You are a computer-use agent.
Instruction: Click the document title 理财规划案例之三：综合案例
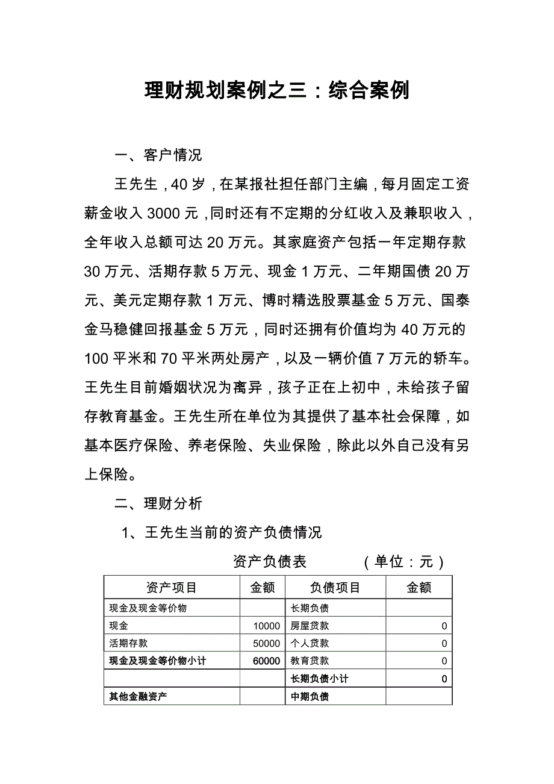[x=277, y=90]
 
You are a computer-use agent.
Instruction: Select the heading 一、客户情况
[x=158, y=155]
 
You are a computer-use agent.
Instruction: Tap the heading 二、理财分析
[x=158, y=503]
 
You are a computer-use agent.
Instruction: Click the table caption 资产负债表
[x=270, y=562]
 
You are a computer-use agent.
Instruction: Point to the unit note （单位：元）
[x=403, y=562]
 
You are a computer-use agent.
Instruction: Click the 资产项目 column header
[x=172, y=588]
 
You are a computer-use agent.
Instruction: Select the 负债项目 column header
[x=335, y=588]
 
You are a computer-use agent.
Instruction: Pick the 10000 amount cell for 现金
[x=267, y=626]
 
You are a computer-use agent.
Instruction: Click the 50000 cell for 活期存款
[x=267, y=644]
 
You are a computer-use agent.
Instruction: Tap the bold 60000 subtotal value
[x=266, y=661]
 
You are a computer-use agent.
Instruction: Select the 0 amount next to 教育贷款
[x=444, y=661]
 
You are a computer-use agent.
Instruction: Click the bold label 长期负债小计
[x=319, y=679]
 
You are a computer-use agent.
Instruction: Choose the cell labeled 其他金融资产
[x=138, y=697]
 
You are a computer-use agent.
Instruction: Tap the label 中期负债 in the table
[x=310, y=697]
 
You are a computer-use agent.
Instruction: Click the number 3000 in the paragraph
[x=162, y=214]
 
